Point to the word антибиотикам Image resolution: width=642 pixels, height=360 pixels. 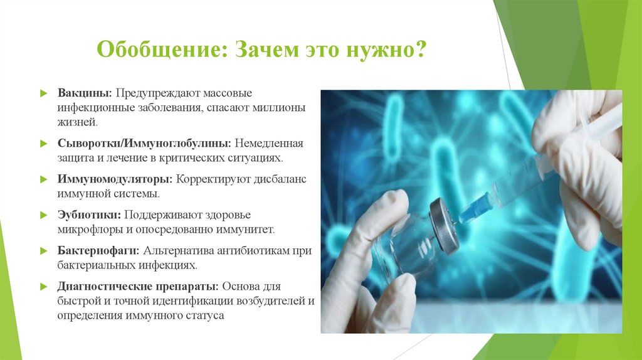point(258,251)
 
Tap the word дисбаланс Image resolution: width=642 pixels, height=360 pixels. point(280,179)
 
